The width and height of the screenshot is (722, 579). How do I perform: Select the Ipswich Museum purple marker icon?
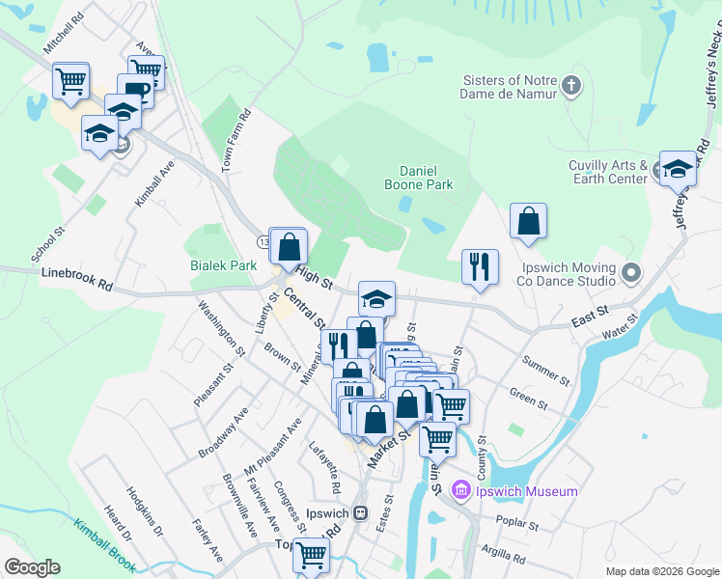(460, 491)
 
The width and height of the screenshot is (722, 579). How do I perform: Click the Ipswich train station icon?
(361, 512)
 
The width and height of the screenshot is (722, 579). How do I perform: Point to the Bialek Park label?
(222, 263)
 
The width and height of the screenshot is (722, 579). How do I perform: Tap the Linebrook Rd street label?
(77, 280)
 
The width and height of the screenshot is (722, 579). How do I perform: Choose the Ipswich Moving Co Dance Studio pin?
(631, 273)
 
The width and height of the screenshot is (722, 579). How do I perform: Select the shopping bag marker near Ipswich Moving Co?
(529, 222)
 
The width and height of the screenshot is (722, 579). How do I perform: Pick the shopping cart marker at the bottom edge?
(311, 555)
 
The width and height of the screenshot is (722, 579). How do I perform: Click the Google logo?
(32, 567)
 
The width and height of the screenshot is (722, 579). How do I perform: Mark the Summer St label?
(546, 367)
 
